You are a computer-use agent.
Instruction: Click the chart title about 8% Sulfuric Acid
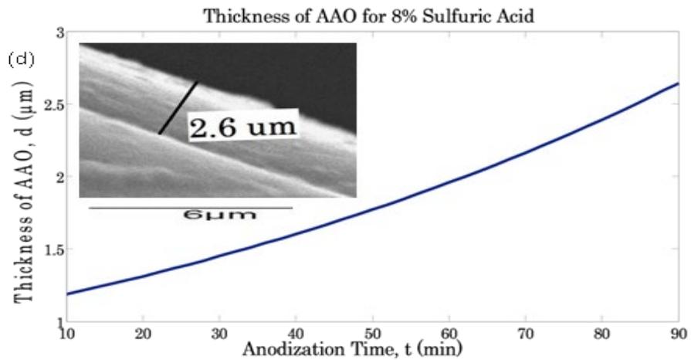tap(368, 16)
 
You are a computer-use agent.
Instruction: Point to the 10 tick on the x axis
tap(67, 333)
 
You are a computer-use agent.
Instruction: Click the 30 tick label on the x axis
tap(220, 333)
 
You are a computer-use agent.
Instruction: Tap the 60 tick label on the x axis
tap(449, 333)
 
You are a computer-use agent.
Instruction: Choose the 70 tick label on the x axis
tap(526, 333)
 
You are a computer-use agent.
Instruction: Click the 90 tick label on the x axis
tap(677, 333)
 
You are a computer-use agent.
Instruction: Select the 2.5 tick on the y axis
tap(53, 104)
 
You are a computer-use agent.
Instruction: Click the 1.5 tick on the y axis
tap(53, 249)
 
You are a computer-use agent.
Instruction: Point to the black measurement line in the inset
tap(178, 108)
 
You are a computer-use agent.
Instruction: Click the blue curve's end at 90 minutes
tap(678, 83)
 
